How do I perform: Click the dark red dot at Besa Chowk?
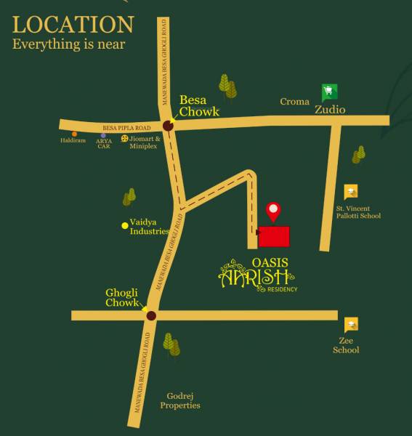click(x=168, y=126)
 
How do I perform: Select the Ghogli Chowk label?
click(x=121, y=297)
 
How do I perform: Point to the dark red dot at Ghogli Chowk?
click(x=151, y=315)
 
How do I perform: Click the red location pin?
click(x=273, y=211)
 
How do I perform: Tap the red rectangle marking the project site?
click(x=274, y=236)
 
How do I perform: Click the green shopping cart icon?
click(x=330, y=92)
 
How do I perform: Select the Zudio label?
click(x=330, y=110)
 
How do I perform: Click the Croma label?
click(x=295, y=102)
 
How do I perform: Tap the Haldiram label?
click(x=73, y=140)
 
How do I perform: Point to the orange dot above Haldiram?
click(x=74, y=134)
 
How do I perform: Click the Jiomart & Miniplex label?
click(x=144, y=142)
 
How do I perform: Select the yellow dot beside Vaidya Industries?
click(x=125, y=225)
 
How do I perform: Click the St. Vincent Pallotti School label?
click(x=358, y=211)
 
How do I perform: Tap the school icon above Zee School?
click(x=352, y=325)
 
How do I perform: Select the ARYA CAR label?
click(x=104, y=143)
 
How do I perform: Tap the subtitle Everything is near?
click(x=69, y=44)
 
